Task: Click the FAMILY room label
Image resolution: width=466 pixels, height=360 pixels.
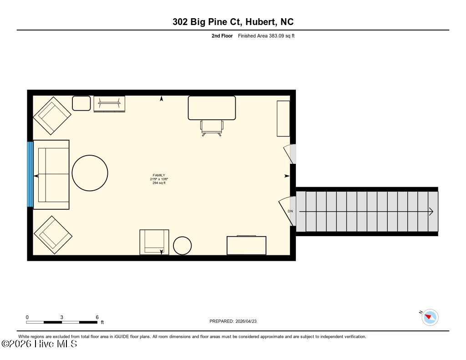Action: (159, 175)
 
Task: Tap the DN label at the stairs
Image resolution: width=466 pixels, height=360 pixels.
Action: (290, 211)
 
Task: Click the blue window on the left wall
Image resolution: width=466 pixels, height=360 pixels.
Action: (30, 174)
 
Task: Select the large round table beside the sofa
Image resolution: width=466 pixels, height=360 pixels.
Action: (90, 173)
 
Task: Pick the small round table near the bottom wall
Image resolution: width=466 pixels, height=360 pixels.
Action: (182, 246)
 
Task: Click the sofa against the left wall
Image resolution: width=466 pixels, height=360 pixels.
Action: (51, 175)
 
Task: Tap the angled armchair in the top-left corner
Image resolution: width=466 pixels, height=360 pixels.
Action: (52, 116)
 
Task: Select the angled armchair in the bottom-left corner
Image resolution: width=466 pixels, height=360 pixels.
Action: (53, 235)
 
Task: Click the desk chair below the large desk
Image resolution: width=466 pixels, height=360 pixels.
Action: (212, 128)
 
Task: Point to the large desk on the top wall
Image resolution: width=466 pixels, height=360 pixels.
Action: (212, 108)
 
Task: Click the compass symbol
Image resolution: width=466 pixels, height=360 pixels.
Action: (430, 317)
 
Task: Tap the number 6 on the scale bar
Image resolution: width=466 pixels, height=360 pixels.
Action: (97, 317)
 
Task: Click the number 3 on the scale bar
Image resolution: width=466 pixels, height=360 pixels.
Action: (62, 317)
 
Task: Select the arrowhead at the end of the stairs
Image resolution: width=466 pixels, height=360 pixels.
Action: (431, 212)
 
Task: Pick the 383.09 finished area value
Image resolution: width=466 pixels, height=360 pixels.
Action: (276, 35)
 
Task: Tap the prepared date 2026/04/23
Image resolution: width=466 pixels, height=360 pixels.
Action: (246, 321)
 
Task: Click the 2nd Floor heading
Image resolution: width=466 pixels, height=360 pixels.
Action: (222, 35)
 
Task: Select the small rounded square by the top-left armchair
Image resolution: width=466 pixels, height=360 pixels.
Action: (81, 103)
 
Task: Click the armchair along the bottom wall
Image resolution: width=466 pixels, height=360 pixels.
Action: (154, 242)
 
